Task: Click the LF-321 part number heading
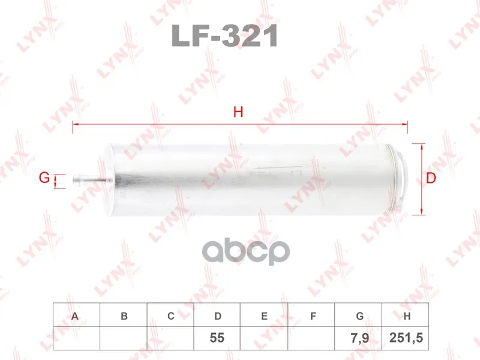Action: click(225, 35)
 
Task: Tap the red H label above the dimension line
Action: click(238, 112)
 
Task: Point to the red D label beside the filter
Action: click(431, 178)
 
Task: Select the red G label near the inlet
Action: click(44, 178)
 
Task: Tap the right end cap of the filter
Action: click(397, 179)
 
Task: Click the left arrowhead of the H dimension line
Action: click(76, 124)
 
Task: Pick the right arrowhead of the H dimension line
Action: click(404, 124)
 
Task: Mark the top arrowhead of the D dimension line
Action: click(422, 146)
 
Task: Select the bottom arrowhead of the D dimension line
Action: click(422, 212)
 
